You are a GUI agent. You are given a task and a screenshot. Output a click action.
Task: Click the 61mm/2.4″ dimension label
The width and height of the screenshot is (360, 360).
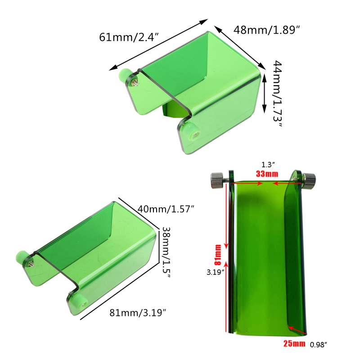129,37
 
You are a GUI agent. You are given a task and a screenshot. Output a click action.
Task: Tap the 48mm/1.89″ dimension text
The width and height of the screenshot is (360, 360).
267,30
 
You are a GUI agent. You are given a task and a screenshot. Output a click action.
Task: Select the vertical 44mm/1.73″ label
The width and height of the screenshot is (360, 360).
277,94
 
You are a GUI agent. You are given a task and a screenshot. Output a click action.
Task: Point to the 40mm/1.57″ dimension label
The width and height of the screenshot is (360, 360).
166,209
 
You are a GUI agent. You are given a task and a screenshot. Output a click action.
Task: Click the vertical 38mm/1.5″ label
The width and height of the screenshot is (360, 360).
166,252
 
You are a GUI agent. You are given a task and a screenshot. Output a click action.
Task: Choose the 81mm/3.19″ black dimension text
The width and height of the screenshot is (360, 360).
138,312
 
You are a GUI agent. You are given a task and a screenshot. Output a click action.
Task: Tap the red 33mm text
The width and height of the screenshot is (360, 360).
267,174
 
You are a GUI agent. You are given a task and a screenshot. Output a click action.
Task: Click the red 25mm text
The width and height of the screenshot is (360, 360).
294,343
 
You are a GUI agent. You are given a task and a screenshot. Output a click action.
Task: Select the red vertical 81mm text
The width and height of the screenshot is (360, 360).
218,255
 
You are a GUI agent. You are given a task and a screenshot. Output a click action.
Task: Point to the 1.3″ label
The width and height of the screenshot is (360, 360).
268,165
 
